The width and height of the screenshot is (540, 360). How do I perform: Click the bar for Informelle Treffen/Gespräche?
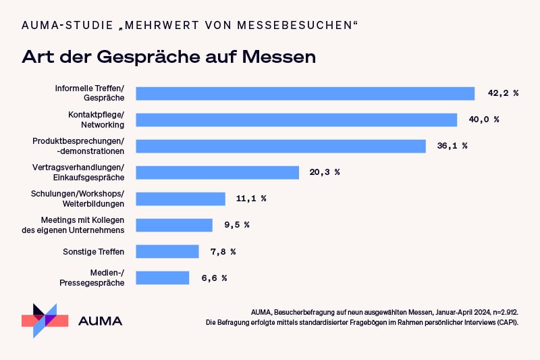coord(305,93)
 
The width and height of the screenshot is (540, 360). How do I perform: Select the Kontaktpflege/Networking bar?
coord(296,120)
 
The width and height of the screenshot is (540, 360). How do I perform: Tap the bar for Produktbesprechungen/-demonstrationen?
coord(281,146)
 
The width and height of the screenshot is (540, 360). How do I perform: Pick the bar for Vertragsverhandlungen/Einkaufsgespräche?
coord(217,172)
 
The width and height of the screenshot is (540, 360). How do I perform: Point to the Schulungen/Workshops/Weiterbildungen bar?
coord(180,199)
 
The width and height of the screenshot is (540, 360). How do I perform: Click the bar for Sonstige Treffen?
coord(167,251)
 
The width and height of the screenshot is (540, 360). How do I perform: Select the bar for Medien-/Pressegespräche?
coord(163,278)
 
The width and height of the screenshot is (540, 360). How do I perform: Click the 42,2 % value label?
coord(502,93)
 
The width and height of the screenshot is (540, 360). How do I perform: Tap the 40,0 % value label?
coord(483,120)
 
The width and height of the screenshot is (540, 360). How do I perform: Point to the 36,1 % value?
coord(452,146)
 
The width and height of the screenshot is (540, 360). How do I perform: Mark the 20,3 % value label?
coord(325,172)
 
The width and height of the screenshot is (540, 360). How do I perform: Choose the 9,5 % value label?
coord(237,225)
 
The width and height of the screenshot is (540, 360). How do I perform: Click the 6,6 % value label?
coord(214,278)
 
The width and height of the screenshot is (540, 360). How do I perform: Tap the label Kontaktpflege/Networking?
coord(96,120)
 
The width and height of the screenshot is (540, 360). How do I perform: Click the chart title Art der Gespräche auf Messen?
coord(169,56)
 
